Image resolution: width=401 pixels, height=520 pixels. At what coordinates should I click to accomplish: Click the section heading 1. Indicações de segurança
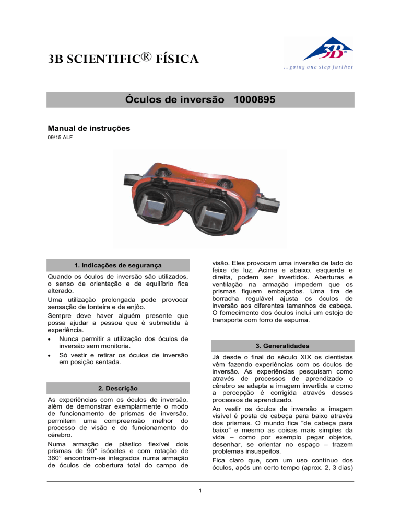[x=117, y=265]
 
